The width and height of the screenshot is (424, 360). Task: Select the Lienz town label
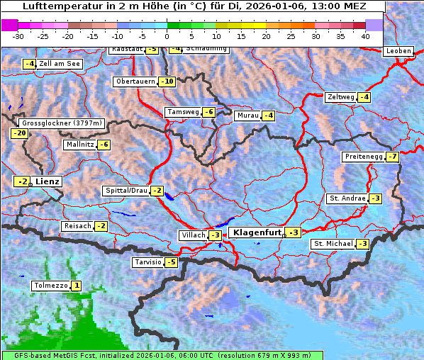48,181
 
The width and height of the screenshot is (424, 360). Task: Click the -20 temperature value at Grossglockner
19,133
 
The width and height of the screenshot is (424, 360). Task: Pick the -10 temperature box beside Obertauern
167,81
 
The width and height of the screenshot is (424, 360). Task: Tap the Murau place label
247,116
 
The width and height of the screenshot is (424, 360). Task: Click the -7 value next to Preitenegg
392,156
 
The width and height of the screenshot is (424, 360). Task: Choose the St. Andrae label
347,198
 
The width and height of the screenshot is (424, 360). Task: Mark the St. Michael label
333,244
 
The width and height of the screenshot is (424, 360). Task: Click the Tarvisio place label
147,262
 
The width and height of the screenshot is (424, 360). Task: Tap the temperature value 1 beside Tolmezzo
77,286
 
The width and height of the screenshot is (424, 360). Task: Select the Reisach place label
77,226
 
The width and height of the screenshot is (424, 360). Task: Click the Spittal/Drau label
125,191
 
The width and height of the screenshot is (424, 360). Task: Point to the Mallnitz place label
79,145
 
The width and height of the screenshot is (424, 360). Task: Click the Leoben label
398,51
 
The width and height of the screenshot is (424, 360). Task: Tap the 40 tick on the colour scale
365,36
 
